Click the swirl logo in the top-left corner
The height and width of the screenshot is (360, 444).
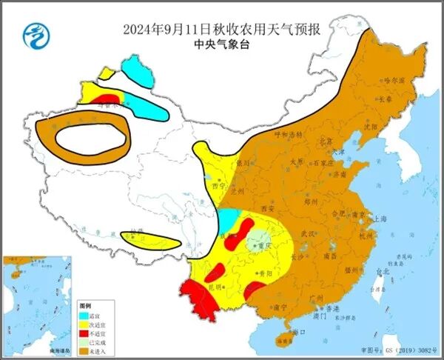(x=33, y=34)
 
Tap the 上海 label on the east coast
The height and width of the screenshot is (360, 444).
(x=380, y=219)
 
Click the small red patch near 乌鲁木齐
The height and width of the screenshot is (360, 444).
(x=107, y=99)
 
